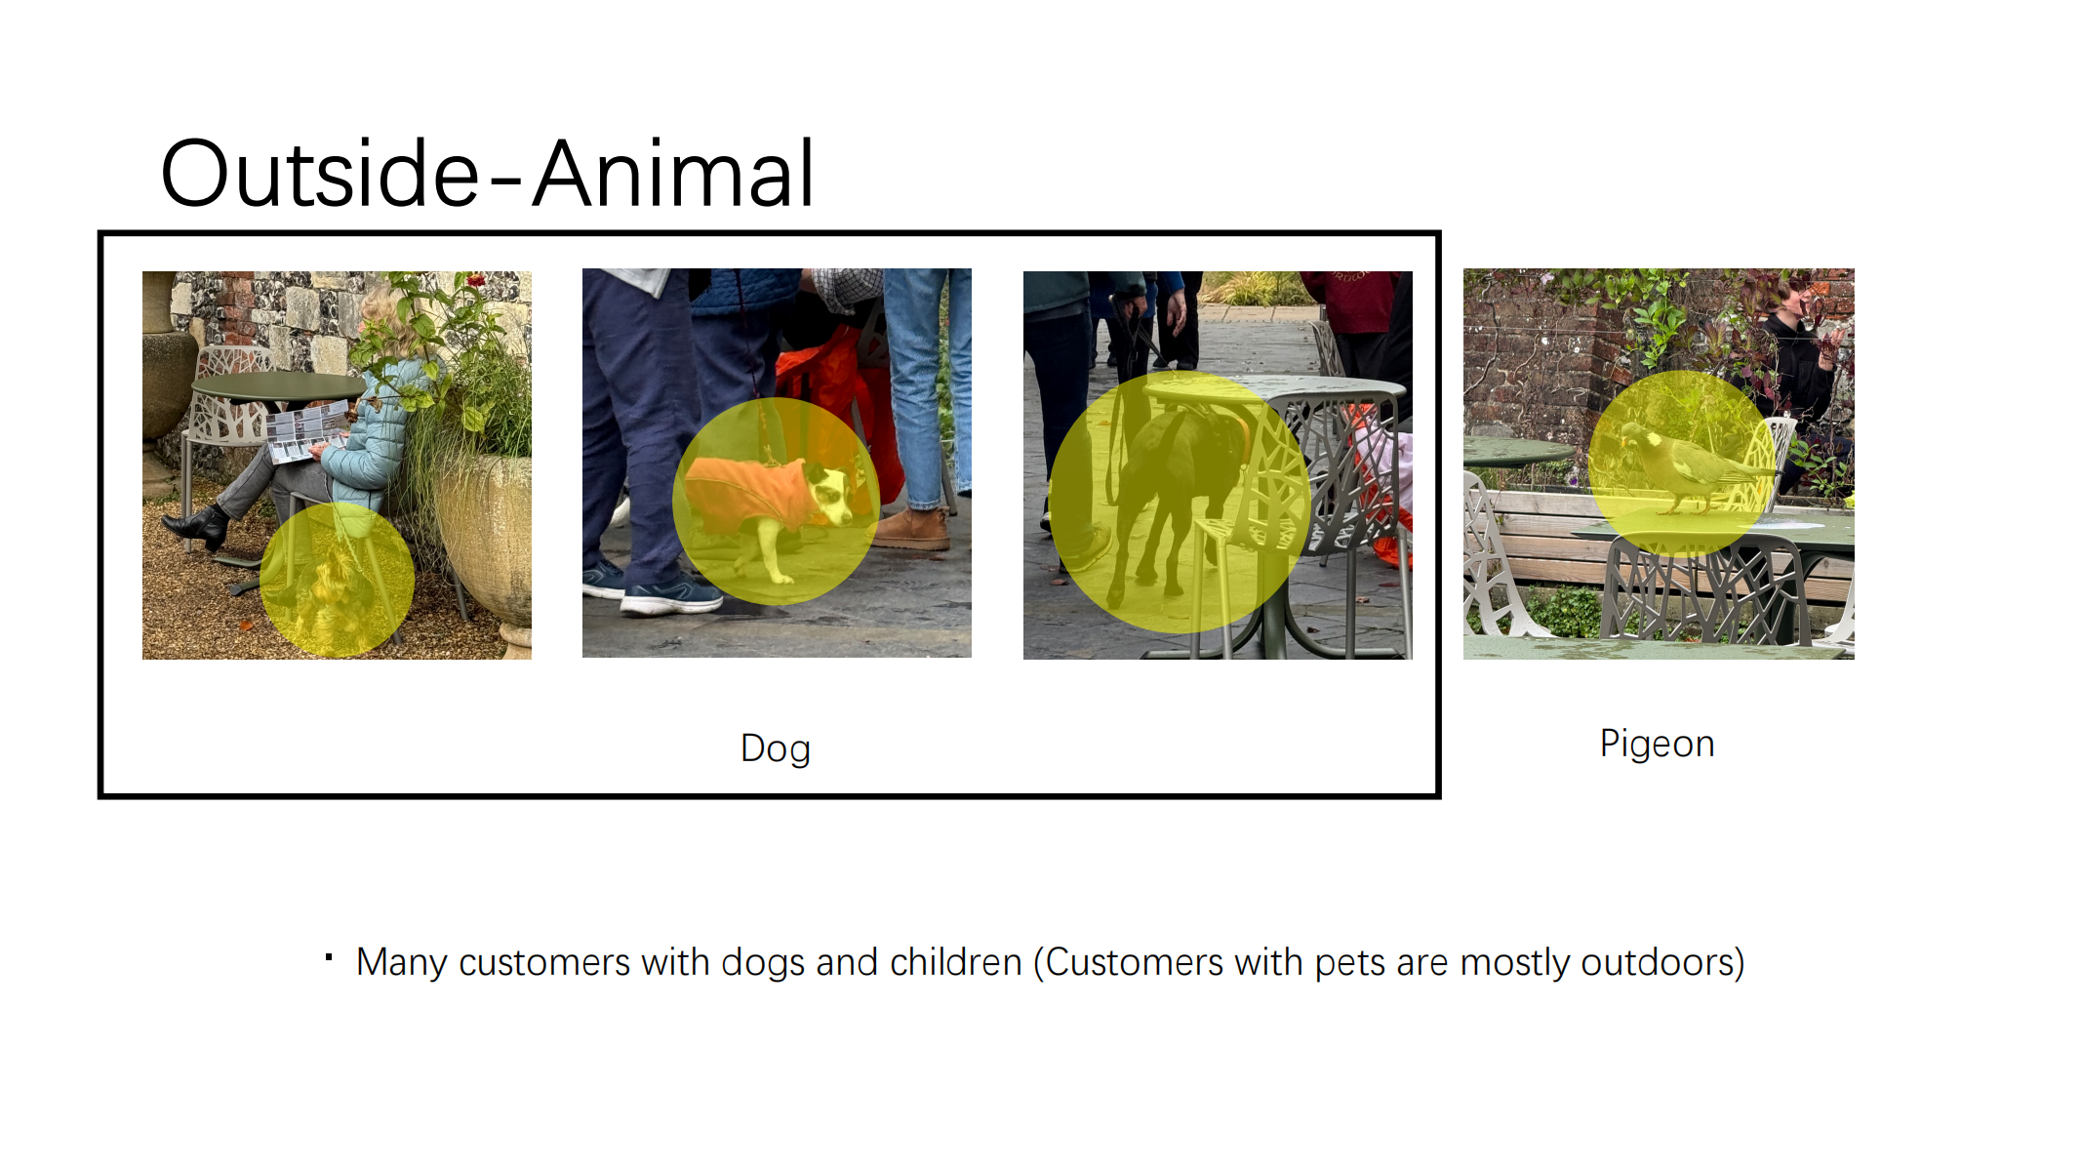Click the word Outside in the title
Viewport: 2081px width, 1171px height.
320,174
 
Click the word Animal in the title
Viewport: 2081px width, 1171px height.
673,174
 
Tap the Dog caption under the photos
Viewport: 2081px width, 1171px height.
776,749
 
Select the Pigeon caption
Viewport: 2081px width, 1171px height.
1657,744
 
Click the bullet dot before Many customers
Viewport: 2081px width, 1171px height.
329,957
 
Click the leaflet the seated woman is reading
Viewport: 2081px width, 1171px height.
307,429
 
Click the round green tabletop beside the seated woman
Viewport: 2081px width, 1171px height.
278,386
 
